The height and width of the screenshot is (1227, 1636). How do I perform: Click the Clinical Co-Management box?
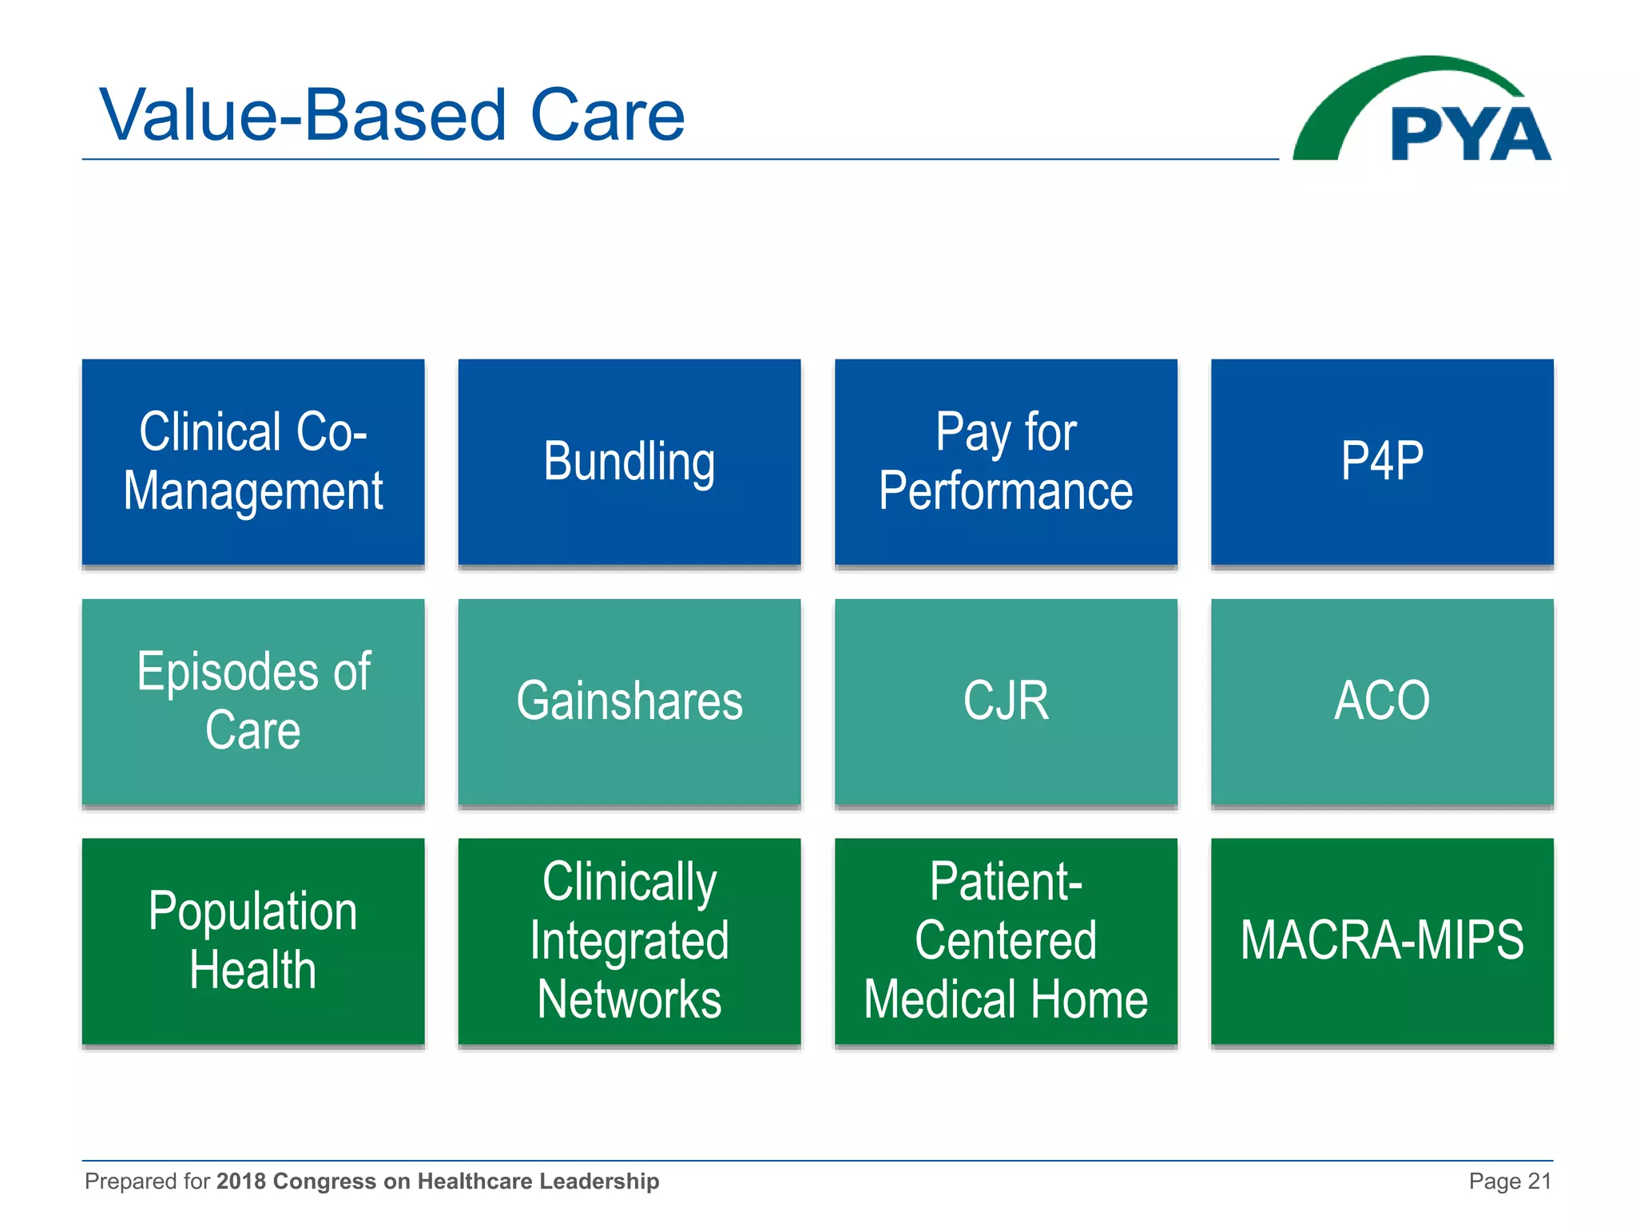pos(253,462)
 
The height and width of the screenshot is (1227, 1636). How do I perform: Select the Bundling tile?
pos(629,462)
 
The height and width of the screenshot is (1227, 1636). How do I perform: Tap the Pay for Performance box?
pos(1006,462)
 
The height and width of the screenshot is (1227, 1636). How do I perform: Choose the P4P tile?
pos(1382,462)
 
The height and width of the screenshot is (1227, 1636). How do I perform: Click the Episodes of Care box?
pos(253,701)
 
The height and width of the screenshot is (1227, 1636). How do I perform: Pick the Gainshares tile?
pos(629,701)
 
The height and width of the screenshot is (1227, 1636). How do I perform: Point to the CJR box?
pos(1006,701)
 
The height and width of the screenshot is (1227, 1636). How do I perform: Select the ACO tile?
pos(1382,701)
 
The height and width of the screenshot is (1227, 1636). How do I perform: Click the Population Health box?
pos(253,941)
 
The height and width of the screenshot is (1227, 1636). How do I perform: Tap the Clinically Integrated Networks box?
pos(629,941)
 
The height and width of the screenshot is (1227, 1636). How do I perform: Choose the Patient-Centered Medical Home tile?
pos(1006,941)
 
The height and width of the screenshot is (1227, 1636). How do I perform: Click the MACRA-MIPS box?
pos(1382,941)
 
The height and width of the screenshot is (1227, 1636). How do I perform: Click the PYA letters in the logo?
pos(1470,134)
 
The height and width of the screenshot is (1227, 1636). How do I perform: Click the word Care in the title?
pos(607,116)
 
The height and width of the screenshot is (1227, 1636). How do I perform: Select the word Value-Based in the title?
pos(304,116)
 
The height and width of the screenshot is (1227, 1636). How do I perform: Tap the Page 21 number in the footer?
pos(1510,1181)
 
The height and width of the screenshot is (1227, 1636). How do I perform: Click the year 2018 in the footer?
pos(240,1181)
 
